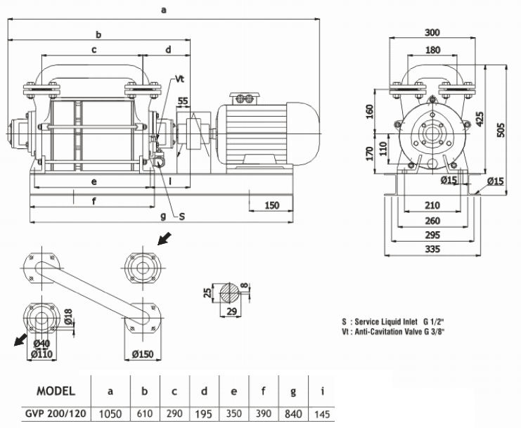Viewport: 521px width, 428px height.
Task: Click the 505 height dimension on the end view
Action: [x=501, y=131]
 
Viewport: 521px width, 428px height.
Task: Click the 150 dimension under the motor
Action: [x=272, y=205]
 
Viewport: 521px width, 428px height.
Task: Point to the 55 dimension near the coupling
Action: [x=184, y=101]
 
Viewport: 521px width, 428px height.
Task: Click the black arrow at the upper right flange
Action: [x=163, y=240]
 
